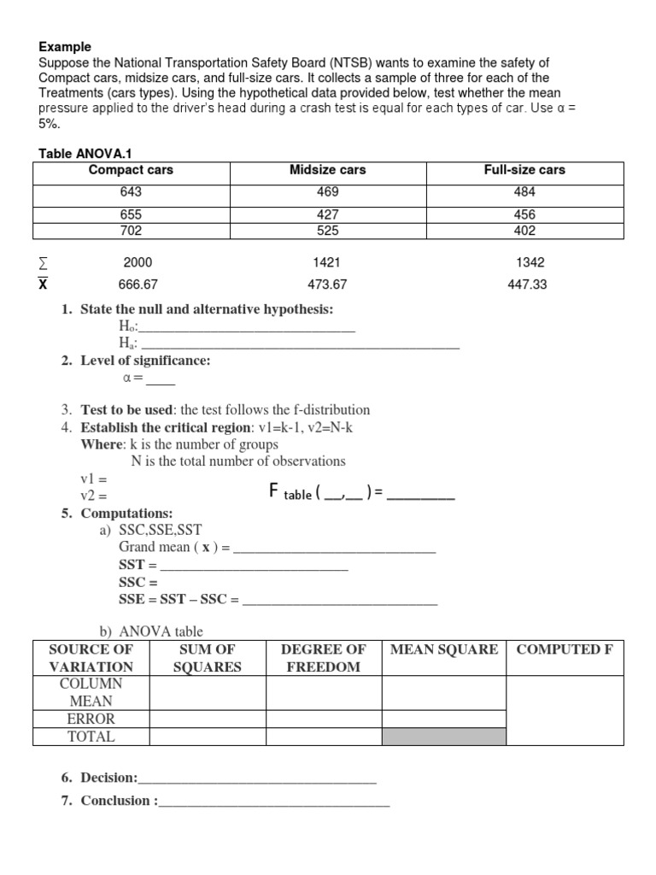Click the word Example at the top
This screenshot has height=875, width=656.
point(65,47)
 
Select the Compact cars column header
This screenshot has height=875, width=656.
point(131,170)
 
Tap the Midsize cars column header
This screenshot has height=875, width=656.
point(327,170)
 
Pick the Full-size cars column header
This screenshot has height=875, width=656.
point(524,170)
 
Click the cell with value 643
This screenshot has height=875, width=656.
point(131,192)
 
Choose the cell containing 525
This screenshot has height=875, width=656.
point(327,231)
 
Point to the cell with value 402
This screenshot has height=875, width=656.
point(524,231)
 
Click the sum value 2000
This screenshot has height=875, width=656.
point(138,263)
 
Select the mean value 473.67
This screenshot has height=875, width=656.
point(327,285)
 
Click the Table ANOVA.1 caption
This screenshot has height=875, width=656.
point(81,153)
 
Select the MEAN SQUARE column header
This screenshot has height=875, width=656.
point(443,649)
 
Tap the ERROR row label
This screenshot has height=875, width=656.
point(91,719)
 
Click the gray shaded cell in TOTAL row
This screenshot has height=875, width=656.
point(443,737)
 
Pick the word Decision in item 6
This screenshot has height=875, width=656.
point(108,778)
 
